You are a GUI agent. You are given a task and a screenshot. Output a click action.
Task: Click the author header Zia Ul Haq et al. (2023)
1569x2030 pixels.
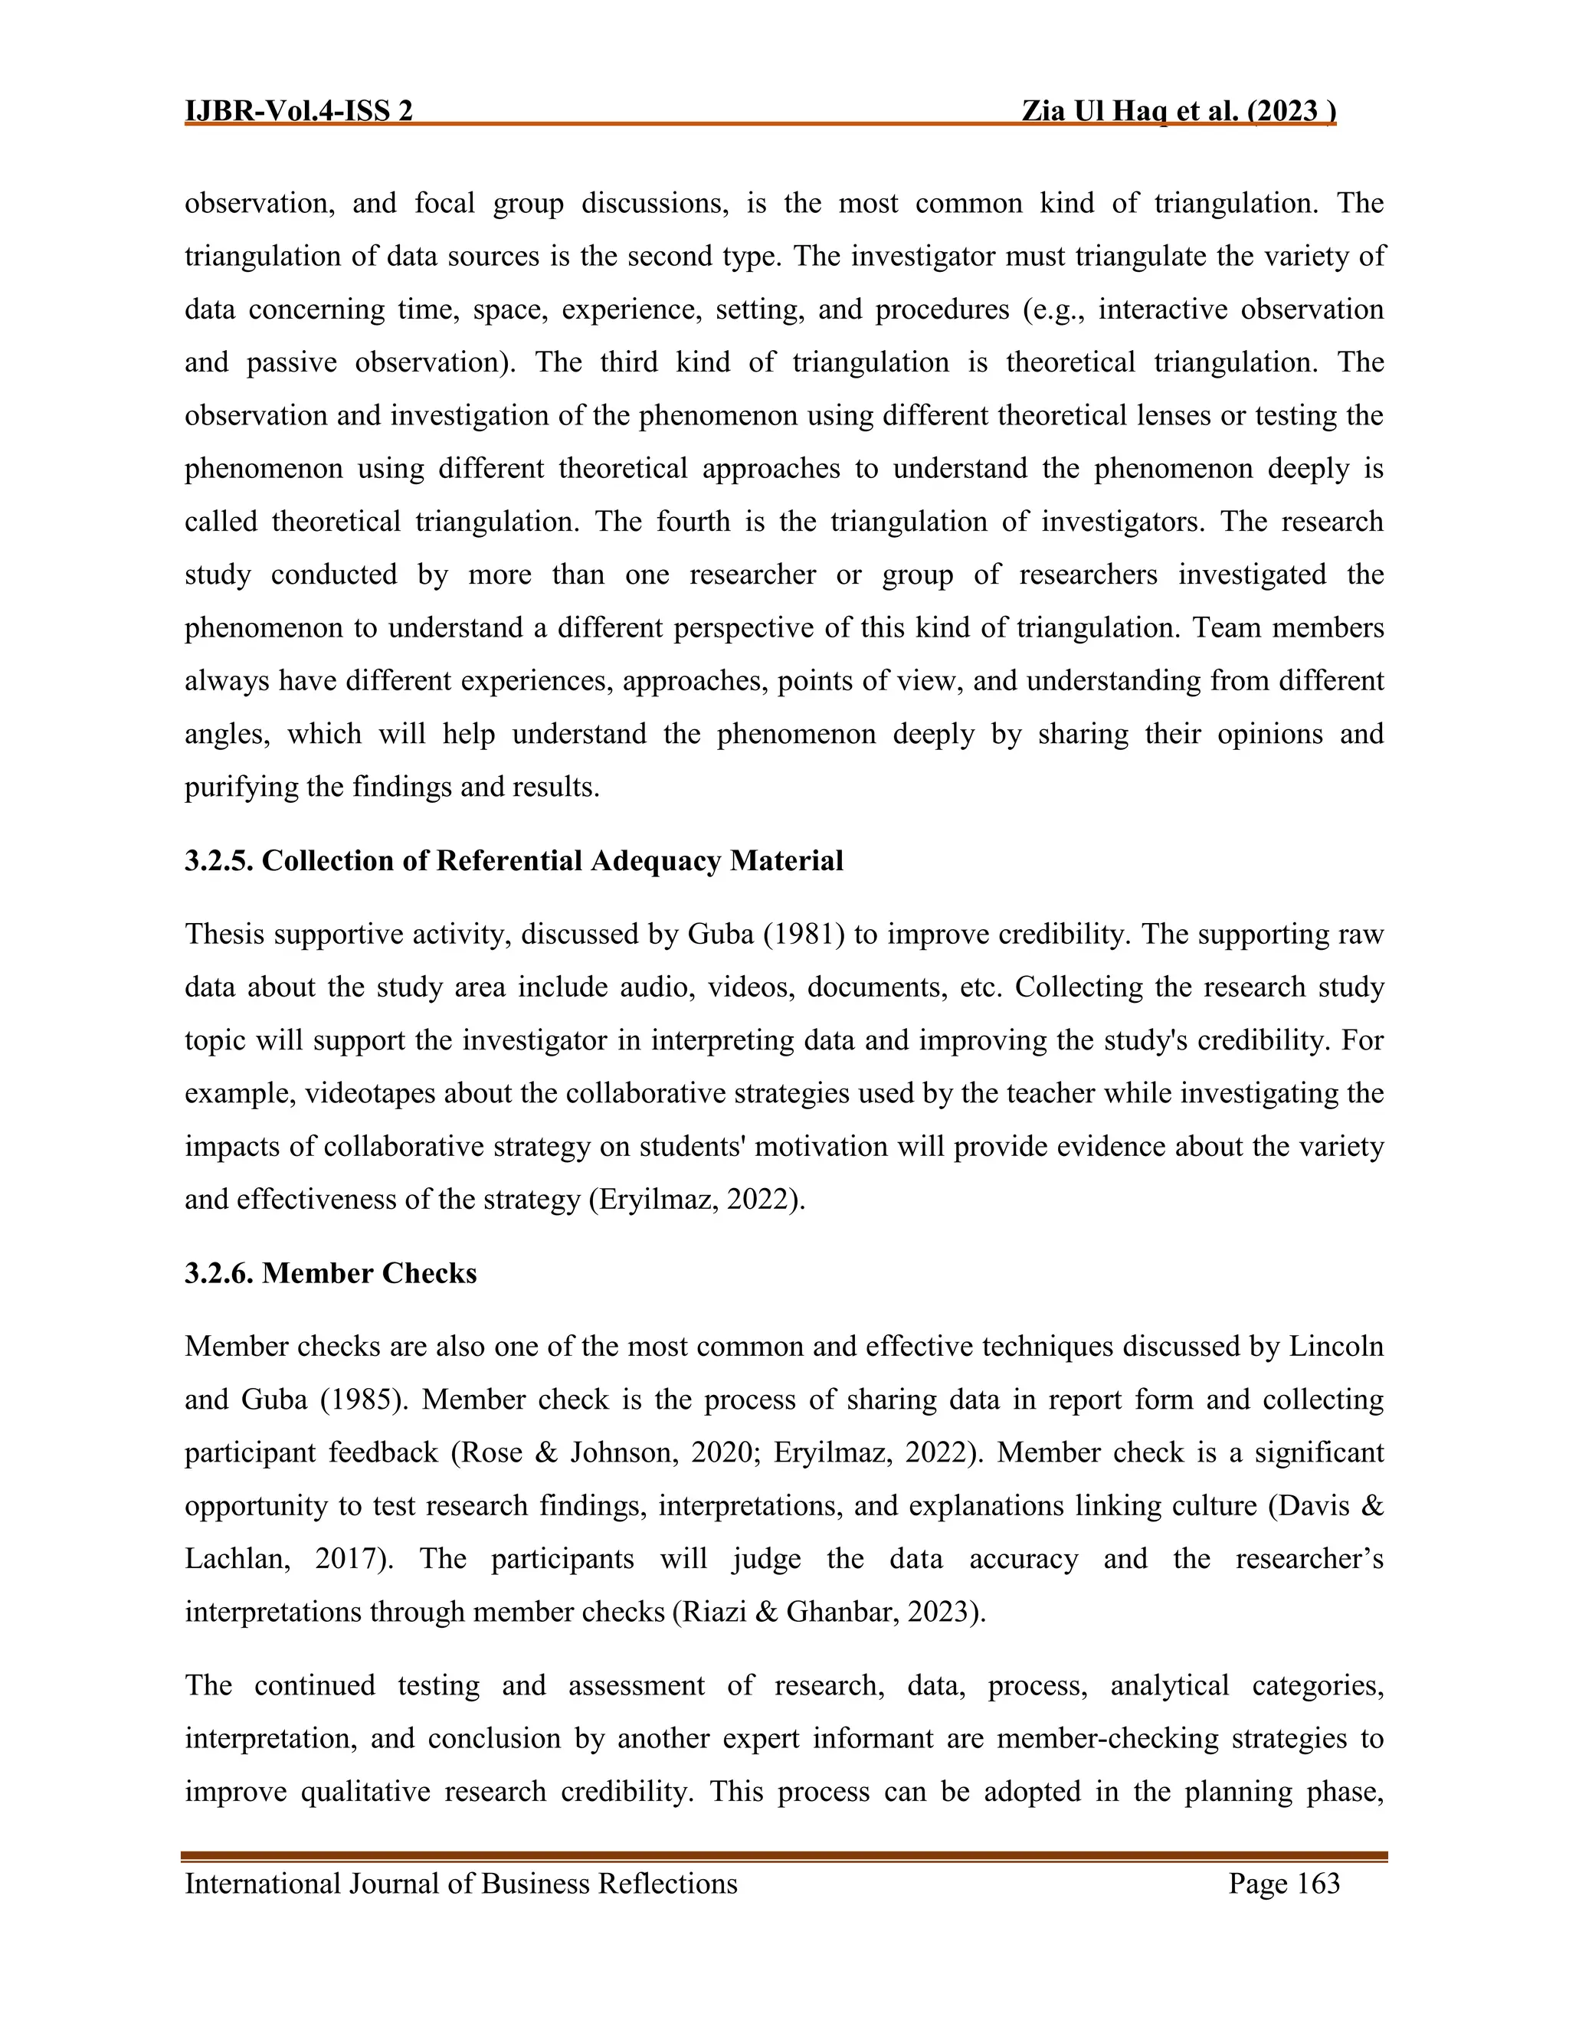point(1178,112)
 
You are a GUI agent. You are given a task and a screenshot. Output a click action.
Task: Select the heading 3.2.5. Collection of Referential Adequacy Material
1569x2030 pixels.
point(513,861)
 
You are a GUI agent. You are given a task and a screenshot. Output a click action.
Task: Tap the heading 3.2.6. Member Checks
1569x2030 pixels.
point(330,1273)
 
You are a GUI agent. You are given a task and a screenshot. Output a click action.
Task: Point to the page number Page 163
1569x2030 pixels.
point(1284,1903)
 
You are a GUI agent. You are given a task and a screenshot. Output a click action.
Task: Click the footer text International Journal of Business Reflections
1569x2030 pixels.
point(461,1903)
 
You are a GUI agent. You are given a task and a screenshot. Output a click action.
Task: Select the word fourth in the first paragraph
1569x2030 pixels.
point(693,522)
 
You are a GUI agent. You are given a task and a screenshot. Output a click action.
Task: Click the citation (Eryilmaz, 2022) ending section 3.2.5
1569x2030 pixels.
point(696,1200)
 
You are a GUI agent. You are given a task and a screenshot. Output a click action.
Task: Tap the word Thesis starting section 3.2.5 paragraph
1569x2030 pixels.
point(225,934)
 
